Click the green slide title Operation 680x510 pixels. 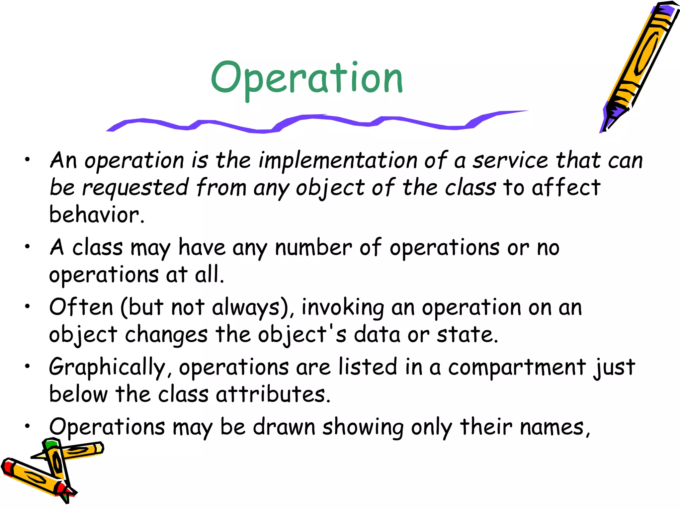click(307, 78)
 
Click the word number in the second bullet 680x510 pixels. click(313, 248)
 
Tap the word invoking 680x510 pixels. click(342, 307)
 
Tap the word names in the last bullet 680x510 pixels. click(553, 427)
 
